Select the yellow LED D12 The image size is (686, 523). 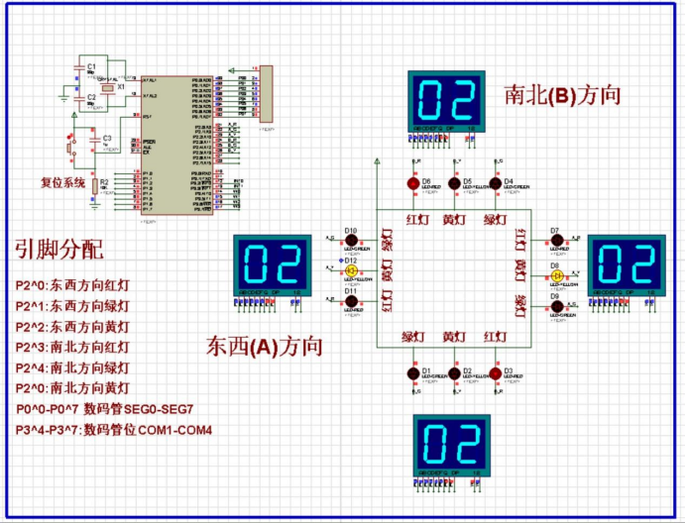tap(350, 268)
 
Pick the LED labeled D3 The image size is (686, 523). tap(497, 373)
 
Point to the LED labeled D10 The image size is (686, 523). tap(350, 240)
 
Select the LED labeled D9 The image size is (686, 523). tap(557, 306)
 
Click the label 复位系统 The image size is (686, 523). tap(62, 182)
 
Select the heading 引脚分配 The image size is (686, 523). tap(57, 249)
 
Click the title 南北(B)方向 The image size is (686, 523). tap(562, 95)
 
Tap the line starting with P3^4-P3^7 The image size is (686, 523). tap(114, 430)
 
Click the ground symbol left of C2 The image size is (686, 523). tap(63, 98)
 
